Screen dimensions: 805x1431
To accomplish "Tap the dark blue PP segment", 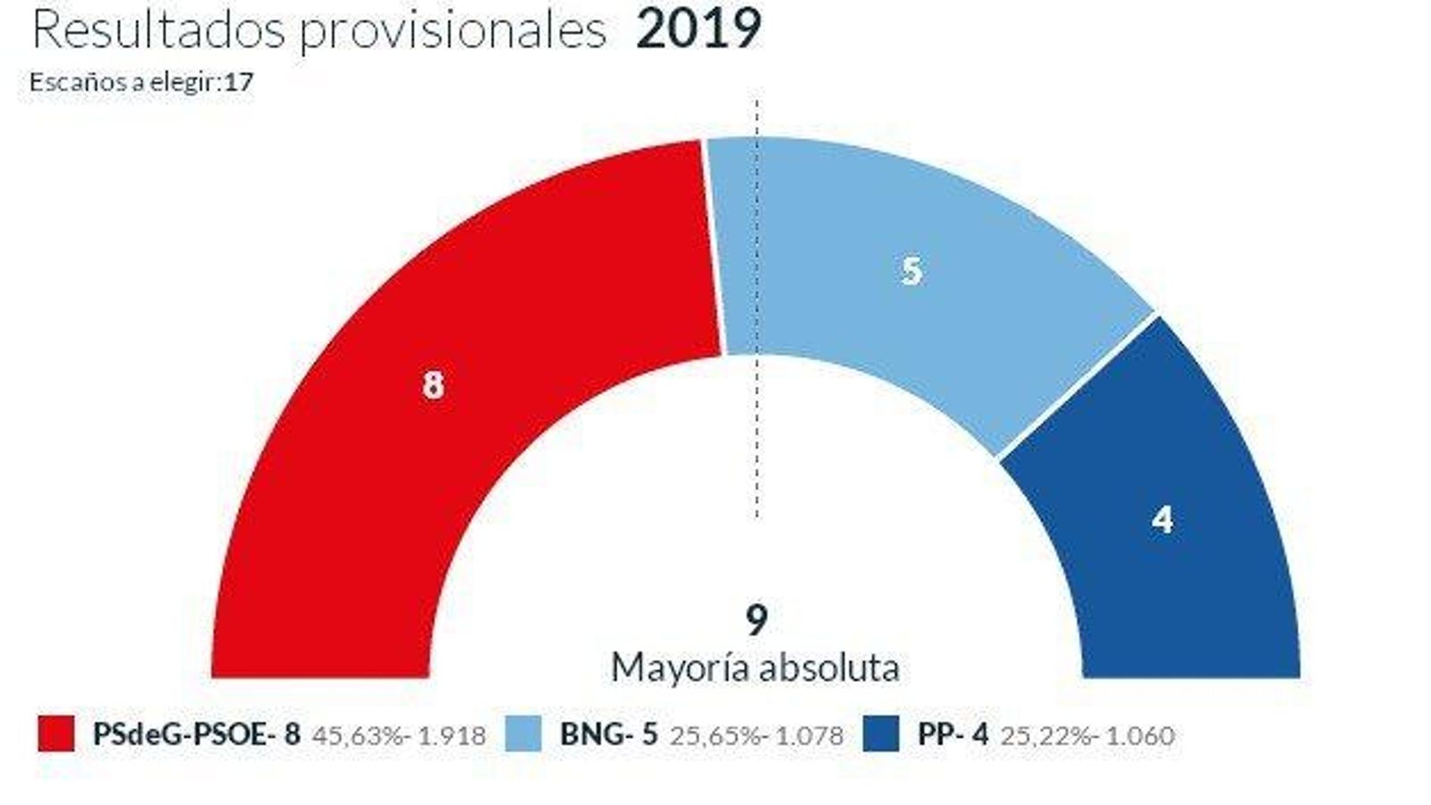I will tap(1181, 537).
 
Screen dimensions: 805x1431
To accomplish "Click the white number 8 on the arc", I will tap(433, 386).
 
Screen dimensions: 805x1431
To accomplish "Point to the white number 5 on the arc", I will tap(911, 270).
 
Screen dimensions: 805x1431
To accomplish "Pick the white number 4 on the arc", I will tap(1162, 520).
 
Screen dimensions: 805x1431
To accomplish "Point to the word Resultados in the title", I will tap(157, 30).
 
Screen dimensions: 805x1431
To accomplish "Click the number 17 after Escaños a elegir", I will tap(239, 82).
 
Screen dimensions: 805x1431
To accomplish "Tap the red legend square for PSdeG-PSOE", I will tap(56, 733).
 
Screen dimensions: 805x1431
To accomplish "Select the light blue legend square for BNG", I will tap(523, 733).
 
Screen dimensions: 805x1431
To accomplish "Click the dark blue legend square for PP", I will tap(881, 733).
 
